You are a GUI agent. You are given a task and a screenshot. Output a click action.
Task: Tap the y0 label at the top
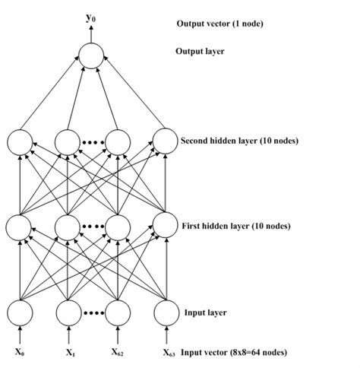pyautogui.click(x=91, y=15)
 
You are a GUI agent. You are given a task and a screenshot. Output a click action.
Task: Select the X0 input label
pyautogui.click(x=21, y=352)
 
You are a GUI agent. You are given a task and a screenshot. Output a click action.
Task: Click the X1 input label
pyautogui.click(x=70, y=352)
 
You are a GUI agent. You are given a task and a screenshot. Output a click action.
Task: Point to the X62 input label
pyautogui.click(x=118, y=352)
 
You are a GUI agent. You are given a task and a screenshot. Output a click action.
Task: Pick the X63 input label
pyautogui.click(x=169, y=353)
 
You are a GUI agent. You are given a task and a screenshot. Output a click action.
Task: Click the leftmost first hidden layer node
pyautogui.click(x=21, y=226)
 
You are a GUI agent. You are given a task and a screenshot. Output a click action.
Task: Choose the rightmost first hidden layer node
pyautogui.click(x=166, y=226)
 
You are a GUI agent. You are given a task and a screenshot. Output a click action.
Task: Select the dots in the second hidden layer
pyautogui.click(x=93, y=141)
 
